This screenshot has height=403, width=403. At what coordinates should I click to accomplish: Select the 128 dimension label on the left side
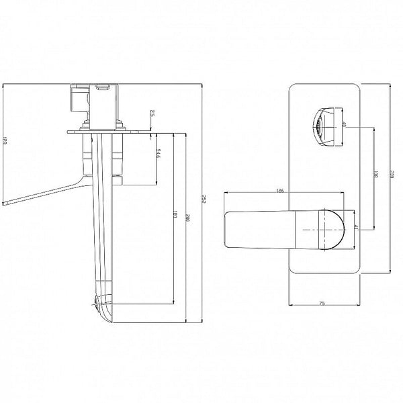click(x=5, y=142)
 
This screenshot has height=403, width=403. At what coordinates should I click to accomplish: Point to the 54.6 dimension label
click(x=157, y=155)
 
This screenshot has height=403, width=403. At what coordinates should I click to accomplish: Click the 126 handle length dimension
click(x=281, y=191)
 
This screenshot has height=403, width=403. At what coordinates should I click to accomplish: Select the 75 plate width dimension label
click(x=322, y=305)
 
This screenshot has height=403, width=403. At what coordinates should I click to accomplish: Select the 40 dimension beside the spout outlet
click(x=344, y=126)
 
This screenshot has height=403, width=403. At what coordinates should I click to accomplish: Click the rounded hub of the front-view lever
click(x=328, y=228)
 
